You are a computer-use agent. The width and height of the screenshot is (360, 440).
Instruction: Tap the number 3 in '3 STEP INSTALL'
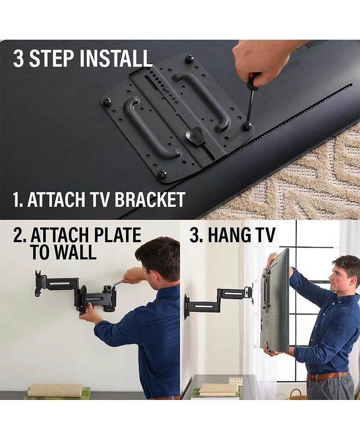point(18,59)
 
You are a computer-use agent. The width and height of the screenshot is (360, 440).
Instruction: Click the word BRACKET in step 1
point(150,200)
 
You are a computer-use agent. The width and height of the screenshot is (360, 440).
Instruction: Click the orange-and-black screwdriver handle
point(254,82)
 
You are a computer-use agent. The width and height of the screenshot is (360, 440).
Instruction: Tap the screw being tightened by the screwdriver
point(247,126)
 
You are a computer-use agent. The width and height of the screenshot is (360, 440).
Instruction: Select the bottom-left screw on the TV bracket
point(162,173)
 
